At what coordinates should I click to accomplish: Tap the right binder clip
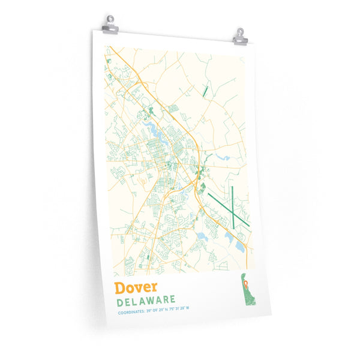pyautogui.click(x=239, y=35)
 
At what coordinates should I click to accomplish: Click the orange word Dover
pyautogui.click(x=137, y=287)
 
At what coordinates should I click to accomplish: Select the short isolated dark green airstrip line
pyautogui.click(x=205, y=91)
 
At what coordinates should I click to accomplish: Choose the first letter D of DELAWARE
pyautogui.click(x=121, y=301)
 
